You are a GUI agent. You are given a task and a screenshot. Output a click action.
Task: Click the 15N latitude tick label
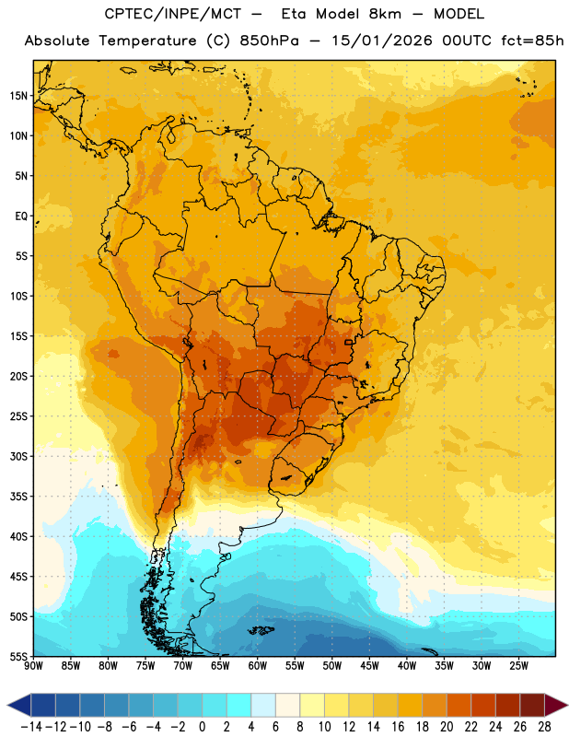(18, 96)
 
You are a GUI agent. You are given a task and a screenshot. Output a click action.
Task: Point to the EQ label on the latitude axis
(21, 216)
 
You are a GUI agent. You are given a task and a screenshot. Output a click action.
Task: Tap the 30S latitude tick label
(18, 456)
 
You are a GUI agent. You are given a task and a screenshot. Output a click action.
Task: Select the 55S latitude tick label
(18, 656)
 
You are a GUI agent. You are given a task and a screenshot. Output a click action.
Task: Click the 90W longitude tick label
(33, 665)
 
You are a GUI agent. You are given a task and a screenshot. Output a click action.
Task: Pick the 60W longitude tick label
(258, 665)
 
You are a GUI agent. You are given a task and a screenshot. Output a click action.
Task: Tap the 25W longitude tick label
(518, 665)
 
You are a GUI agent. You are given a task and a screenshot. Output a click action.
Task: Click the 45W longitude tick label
(369, 665)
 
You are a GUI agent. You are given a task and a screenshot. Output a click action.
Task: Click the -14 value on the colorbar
(31, 727)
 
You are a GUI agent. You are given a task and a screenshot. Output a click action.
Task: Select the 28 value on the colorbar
(544, 727)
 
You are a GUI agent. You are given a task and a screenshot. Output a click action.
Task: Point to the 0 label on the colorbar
(203, 727)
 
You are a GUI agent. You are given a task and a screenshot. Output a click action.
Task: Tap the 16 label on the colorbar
(398, 727)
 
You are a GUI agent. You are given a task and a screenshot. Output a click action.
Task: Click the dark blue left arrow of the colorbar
(19, 705)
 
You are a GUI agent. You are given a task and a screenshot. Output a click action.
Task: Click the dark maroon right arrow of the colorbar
(556, 705)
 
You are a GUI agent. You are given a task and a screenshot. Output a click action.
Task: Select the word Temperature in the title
(147, 41)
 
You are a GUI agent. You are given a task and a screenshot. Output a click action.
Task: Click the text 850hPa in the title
(269, 41)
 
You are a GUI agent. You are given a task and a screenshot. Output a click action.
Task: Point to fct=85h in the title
(532, 41)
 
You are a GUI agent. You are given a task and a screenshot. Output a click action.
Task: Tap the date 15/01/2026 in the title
(382, 41)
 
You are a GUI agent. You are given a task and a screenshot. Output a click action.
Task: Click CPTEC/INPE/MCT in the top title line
(173, 14)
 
